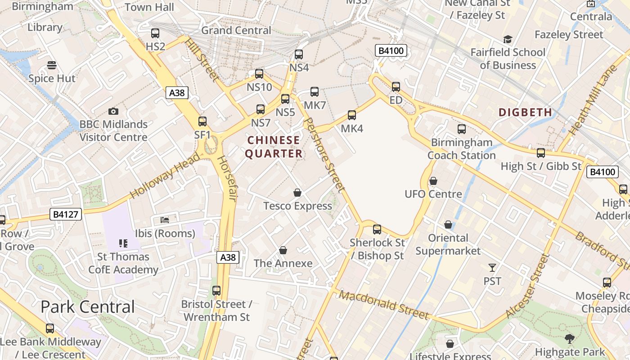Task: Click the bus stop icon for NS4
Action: pos(299,54)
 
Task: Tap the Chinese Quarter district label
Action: pos(274,147)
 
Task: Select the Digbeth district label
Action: pos(525,112)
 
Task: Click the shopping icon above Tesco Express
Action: pos(297,193)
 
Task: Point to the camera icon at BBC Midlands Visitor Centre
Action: pos(113,111)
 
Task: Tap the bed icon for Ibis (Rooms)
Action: pos(165,220)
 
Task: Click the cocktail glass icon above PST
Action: pos(492,268)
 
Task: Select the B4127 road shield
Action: pos(66,214)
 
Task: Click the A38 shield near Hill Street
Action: pos(176,93)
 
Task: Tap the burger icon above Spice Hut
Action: pos(52,65)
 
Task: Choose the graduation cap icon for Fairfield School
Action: pos(508,39)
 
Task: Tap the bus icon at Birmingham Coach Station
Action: pos(462,129)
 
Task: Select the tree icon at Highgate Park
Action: pos(570,338)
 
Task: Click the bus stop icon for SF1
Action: pos(202,121)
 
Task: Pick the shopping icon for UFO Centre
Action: pos(433,181)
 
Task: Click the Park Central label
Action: pos(88,306)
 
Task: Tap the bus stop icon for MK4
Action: pos(352,115)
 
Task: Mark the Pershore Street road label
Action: pos(324,155)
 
